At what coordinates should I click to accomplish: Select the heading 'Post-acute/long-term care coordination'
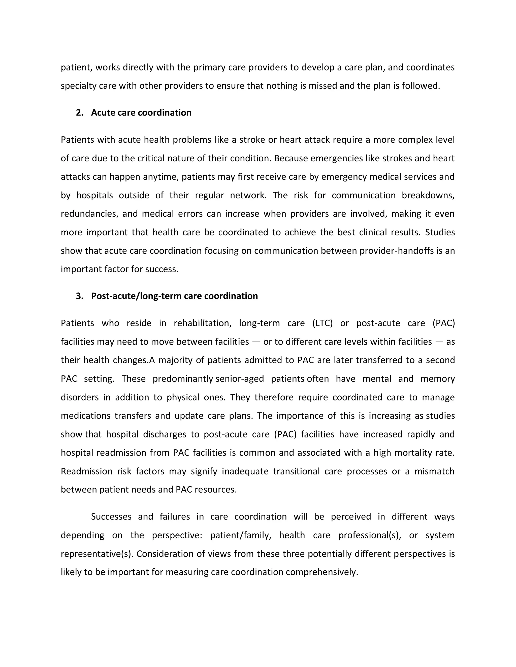click(x=174, y=296)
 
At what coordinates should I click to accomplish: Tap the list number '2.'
click(x=79, y=113)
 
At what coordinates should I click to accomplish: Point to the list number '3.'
click(x=79, y=296)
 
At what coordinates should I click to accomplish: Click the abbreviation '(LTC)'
click(x=322, y=323)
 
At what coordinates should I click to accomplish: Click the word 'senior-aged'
click(x=240, y=379)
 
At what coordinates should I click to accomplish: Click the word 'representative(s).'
click(x=97, y=554)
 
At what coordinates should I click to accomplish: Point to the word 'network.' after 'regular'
click(x=248, y=195)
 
